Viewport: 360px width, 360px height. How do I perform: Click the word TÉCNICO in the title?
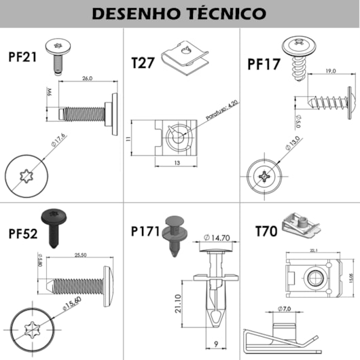[226, 13]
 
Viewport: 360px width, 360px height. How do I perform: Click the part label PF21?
[22, 56]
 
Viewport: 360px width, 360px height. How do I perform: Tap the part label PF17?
[263, 64]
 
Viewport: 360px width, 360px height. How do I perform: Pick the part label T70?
[266, 231]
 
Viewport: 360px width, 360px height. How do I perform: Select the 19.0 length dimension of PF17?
[330, 71]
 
